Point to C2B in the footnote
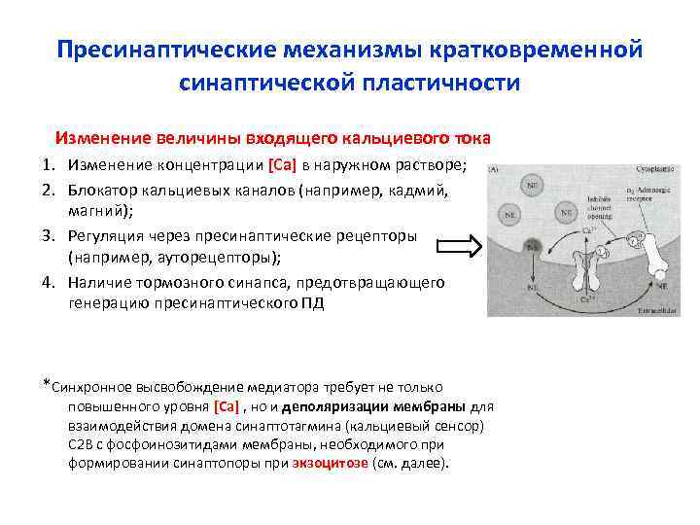tap(81, 444)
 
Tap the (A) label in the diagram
tap(495, 168)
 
